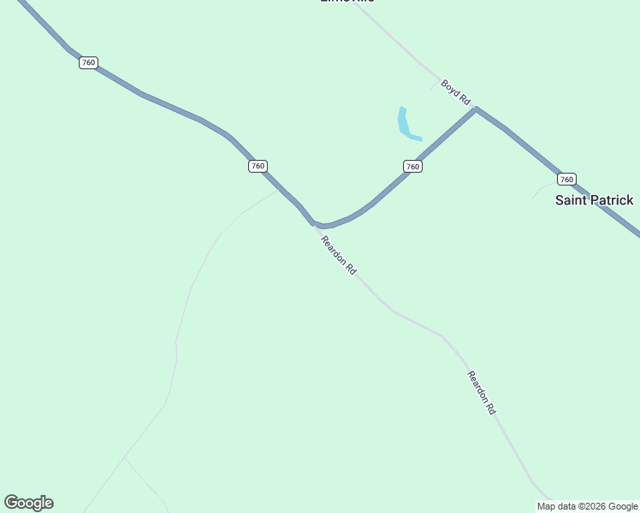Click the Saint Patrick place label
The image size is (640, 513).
click(x=594, y=200)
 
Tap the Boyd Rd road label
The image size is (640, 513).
click(x=456, y=91)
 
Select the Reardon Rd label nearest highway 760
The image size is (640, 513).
click(x=338, y=254)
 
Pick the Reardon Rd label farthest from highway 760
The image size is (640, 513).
click(x=482, y=392)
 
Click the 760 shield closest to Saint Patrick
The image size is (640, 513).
click(x=566, y=179)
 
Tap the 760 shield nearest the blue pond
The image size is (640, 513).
click(x=412, y=166)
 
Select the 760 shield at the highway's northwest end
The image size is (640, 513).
click(x=88, y=62)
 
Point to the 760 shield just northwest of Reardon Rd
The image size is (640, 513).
click(x=258, y=166)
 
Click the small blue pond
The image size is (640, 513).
click(x=406, y=125)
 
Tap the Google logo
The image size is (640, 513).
click(x=28, y=503)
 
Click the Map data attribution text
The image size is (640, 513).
click(x=587, y=506)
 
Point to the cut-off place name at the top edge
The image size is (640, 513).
click(x=347, y=2)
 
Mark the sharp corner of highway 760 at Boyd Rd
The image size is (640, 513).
click(x=476, y=109)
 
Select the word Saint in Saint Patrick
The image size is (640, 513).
click(x=572, y=200)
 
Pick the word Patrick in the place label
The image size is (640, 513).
click(x=613, y=200)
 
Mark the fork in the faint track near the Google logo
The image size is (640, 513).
click(x=125, y=458)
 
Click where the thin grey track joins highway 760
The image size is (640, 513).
click(x=278, y=190)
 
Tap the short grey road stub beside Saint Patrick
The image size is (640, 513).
click(x=542, y=188)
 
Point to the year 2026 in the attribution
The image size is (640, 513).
click(x=596, y=506)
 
